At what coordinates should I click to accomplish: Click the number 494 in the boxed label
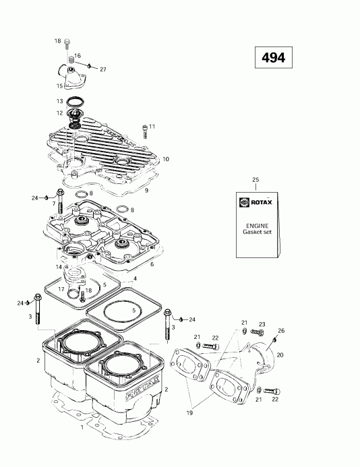269,58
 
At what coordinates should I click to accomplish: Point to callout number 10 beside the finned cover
166,159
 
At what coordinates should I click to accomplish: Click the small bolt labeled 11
144,129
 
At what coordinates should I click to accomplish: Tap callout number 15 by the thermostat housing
59,86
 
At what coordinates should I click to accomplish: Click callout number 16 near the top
77,55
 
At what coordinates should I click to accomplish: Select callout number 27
103,69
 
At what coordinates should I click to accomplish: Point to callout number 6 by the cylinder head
152,263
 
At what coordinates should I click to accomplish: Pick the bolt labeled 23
258,333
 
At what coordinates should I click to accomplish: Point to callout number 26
281,330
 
